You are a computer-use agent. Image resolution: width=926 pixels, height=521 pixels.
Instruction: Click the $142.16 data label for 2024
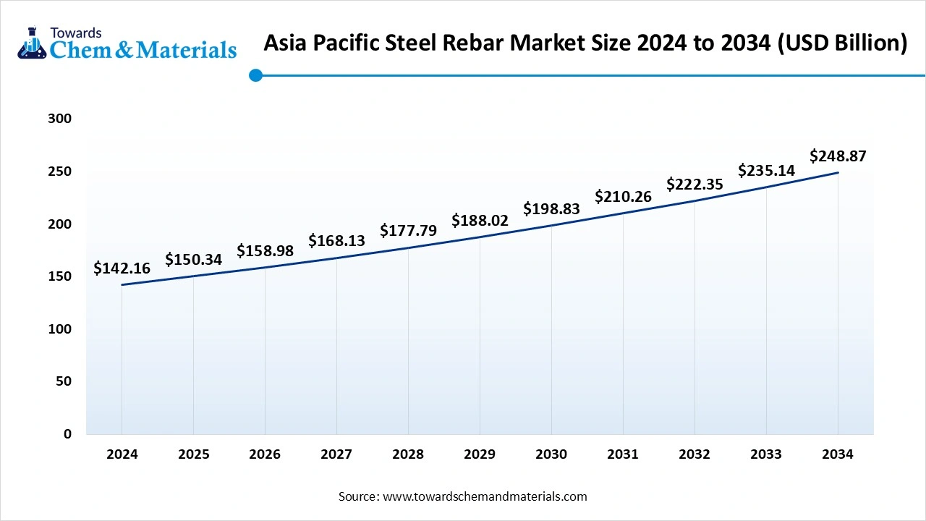tap(122, 268)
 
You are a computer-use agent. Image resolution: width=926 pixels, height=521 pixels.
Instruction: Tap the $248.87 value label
tap(838, 156)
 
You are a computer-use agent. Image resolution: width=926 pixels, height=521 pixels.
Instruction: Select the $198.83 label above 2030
tap(551, 209)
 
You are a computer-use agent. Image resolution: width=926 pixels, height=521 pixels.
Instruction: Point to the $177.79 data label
tap(408, 231)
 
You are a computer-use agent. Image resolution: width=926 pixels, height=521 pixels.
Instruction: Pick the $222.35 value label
tap(694, 184)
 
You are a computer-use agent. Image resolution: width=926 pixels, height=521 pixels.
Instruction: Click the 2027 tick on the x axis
tap(336, 454)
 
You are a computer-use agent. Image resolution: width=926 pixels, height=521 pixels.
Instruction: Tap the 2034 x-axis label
tap(838, 454)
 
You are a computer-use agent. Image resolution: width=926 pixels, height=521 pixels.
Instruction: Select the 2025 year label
tap(193, 454)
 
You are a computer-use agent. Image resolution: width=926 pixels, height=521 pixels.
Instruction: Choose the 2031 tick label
tap(623, 454)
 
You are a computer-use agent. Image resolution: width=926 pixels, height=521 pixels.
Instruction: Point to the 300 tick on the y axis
tap(59, 119)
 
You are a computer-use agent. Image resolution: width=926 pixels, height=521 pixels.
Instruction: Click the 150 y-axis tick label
tap(59, 276)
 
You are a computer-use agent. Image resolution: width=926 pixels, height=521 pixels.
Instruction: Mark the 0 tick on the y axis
tap(67, 434)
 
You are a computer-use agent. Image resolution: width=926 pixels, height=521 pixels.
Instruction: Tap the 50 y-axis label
tap(64, 381)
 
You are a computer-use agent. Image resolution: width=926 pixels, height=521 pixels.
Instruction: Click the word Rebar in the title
tap(474, 43)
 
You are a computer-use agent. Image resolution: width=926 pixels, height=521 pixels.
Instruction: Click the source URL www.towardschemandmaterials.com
tap(484, 496)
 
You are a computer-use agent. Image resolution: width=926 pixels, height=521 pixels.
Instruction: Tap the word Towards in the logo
tap(75, 33)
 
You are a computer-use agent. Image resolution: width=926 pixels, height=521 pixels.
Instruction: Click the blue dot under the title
tap(255, 75)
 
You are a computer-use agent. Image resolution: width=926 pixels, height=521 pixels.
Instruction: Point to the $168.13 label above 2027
tap(336, 240)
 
